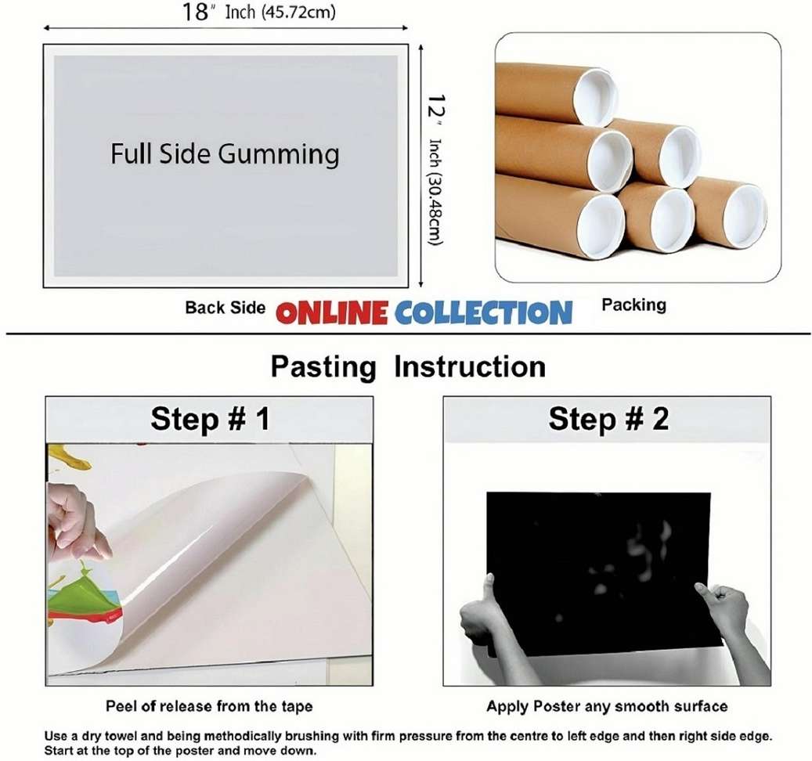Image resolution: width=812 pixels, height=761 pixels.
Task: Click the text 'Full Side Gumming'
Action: tap(225, 153)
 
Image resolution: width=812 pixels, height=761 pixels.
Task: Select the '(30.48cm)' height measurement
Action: tap(435, 204)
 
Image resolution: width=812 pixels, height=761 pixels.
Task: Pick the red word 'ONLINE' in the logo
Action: tap(332, 313)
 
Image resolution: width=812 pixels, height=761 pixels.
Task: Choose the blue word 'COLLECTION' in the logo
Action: tap(483, 313)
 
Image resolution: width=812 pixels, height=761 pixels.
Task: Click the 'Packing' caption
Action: tap(633, 305)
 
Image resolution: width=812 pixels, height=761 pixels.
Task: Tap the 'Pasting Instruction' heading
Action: tap(408, 366)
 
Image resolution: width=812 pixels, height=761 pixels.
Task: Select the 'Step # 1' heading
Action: tap(210, 419)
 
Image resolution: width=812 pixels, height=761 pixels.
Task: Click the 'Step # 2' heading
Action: tap(608, 419)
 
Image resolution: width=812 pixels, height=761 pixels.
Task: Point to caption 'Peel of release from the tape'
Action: tap(209, 706)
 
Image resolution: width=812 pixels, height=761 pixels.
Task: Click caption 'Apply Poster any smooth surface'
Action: tap(607, 706)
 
